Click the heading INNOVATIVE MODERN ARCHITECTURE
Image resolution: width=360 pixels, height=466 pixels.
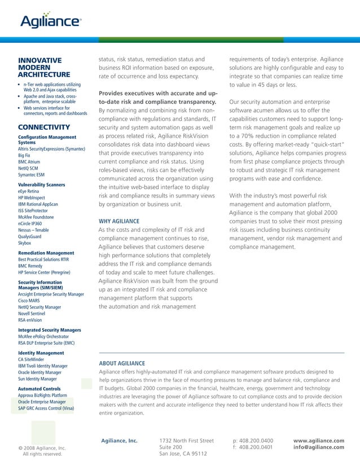point(44,67)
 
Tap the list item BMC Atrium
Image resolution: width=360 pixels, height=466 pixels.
point(29,161)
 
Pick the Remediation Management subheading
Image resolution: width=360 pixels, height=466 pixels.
point(46,253)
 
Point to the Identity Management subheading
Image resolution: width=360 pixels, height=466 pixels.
point(41,353)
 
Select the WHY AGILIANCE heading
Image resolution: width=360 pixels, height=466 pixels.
point(118,221)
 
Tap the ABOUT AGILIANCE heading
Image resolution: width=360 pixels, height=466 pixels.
point(122,363)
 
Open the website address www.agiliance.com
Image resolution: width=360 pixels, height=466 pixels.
point(319,440)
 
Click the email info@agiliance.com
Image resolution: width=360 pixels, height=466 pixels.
point(319,447)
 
